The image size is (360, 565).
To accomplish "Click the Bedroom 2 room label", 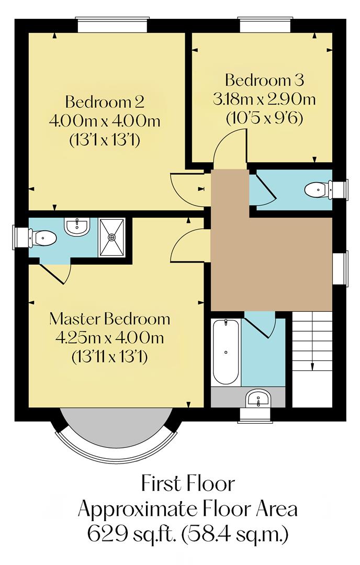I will pos(104,101).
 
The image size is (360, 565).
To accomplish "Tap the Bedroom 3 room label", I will pos(264,81).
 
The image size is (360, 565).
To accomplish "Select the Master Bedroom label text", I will pos(109,319).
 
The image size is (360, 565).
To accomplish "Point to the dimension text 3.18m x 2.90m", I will pos(264,99).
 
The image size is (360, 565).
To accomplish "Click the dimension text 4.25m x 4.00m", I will pos(109,338).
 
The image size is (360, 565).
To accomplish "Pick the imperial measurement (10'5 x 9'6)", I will pos(264,118).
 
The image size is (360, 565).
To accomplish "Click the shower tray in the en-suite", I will pos(112,237).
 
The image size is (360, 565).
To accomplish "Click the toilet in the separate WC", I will pos(318,189).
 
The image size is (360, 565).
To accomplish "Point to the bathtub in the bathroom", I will pos(226,352).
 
